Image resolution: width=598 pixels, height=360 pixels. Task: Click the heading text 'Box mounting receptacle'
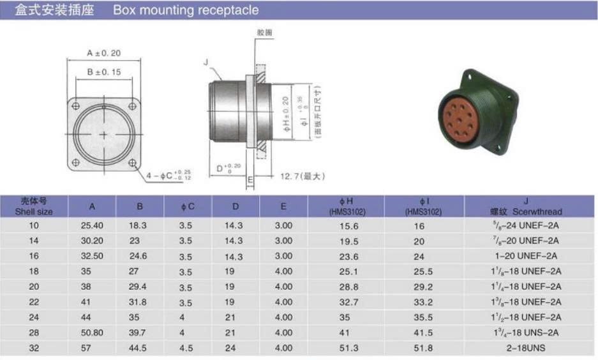pos(186,10)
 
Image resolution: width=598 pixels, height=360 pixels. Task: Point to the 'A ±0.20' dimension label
pos(103,54)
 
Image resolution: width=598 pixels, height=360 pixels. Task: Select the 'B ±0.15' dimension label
pos(103,72)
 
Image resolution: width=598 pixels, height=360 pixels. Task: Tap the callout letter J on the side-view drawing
pos(206,62)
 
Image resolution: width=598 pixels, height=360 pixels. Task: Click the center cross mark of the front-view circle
pos(104,134)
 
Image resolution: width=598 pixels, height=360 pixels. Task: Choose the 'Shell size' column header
pos(34,206)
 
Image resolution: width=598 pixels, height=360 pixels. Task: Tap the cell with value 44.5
pos(139,348)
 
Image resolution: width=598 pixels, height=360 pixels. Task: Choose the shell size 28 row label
pos(34,333)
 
